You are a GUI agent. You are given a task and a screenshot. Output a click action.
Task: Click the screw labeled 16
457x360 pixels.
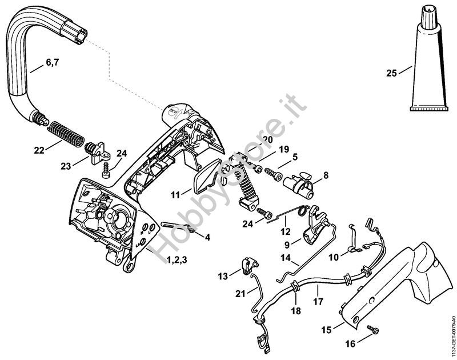coord(374,330)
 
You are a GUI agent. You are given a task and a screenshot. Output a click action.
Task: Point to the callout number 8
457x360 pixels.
coord(325,176)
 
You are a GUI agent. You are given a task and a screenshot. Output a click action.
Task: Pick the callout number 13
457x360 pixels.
coord(222,275)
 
